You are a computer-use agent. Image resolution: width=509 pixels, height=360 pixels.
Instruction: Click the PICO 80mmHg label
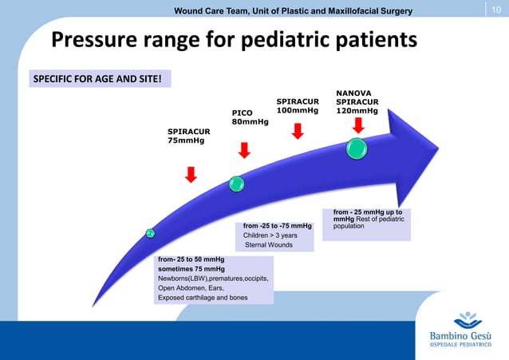pyautogui.click(x=250, y=117)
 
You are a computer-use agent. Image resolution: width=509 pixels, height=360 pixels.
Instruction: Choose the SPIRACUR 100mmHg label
pyautogui.click(x=297, y=106)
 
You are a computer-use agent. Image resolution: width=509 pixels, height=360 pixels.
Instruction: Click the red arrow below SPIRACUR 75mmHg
pyautogui.click(x=191, y=175)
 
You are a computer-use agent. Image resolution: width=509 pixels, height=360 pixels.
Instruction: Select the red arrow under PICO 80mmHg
pyautogui.click(x=244, y=150)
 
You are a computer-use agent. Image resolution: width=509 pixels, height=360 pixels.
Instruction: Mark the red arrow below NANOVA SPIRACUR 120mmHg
pyautogui.click(x=357, y=125)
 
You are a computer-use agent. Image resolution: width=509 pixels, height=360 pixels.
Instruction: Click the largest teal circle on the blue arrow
pyautogui.click(x=357, y=148)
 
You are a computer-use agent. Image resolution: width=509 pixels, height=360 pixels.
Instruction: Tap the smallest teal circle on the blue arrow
pyautogui.click(x=149, y=233)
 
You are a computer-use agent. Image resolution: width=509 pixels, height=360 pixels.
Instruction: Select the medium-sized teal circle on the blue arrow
pyautogui.click(x=236, y=184)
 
